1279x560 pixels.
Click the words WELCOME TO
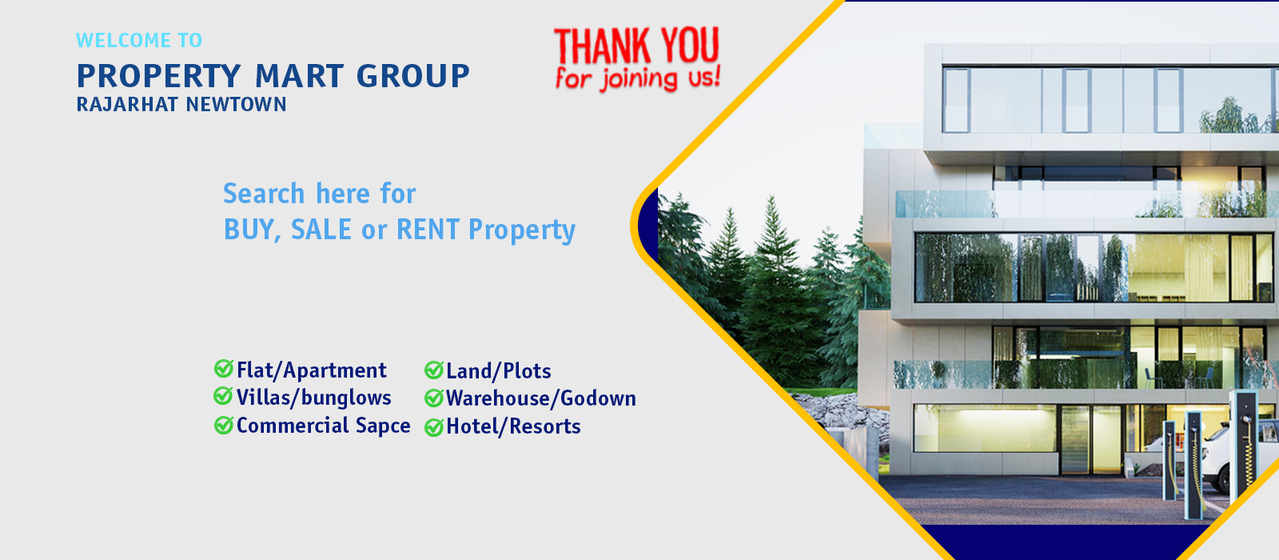pyautogui.click(x=139, y=40)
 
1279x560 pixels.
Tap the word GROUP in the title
pyautogui.click(x=412, y=76)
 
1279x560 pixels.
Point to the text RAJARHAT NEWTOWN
pyautogui.click(x=181, y=105)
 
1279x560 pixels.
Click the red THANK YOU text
pyautogui.click(x=636, y=46)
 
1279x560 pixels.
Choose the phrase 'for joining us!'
pyautogui.click(x=638, y=78)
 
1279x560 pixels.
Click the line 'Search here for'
pyautogui.click(x=319, y=193)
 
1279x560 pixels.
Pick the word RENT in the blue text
pyautogui.click(x=428, y=230)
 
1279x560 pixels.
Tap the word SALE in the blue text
pyautogui.click(x=321, y=230)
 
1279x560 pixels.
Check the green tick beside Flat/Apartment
pyautogui.click(x=223, y=369)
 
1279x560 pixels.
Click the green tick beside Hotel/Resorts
pyautogui.click(x=433, y=427)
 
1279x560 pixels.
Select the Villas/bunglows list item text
pyautogui.click(x=314, y=398)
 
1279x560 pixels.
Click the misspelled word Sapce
pyautogui.click(x=383, y=426)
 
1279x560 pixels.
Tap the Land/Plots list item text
pyautogui.click(x=499, y=371)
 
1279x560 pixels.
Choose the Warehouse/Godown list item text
pyautogui.click(x=540, y=398)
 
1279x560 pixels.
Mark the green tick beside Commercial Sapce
pyautogui.click(x=223, y=425)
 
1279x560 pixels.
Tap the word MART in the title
pyautogui.click(x=299, y=76)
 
